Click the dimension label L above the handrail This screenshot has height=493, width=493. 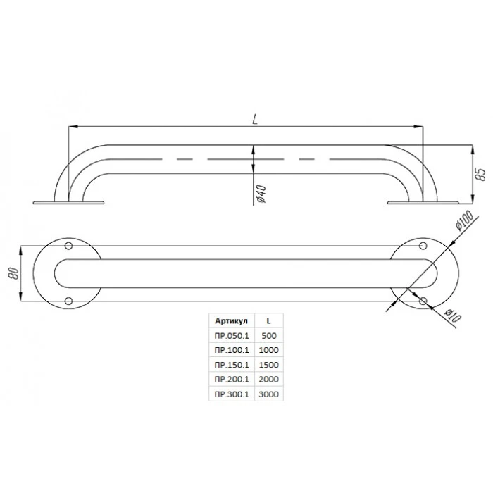click(255, 119)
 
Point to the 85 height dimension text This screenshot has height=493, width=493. click(480, 174)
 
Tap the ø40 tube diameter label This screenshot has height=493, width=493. click(261, 194)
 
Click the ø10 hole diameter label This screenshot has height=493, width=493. click(453, 316)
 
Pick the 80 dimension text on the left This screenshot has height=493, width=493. click(14, 273)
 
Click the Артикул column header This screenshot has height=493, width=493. click(232, 320)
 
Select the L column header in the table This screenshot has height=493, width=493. click(268, 320)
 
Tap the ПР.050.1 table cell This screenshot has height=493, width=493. click(232, 335)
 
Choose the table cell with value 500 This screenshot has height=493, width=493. click(269, 335)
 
